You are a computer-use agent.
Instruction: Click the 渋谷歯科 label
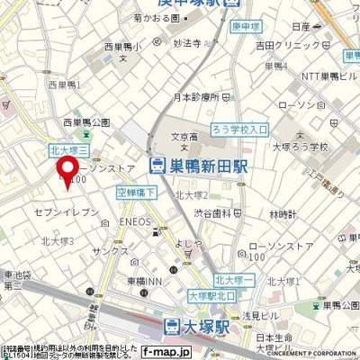217,213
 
